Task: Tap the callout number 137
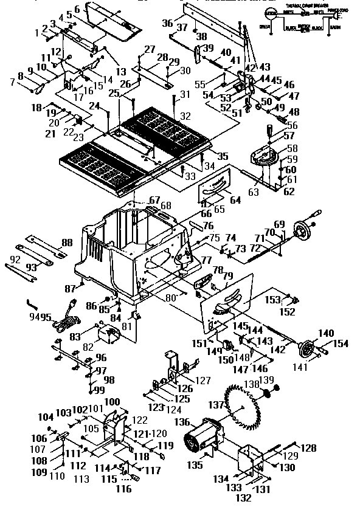coord(216,404)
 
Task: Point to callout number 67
coord(154,200)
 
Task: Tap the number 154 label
coord(341,344)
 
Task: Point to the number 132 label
coord(243,497)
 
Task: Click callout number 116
coord(124,488)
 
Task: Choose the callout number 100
coord(112,402)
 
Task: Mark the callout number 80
coord(172,297)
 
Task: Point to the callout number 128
coord(309,448)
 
